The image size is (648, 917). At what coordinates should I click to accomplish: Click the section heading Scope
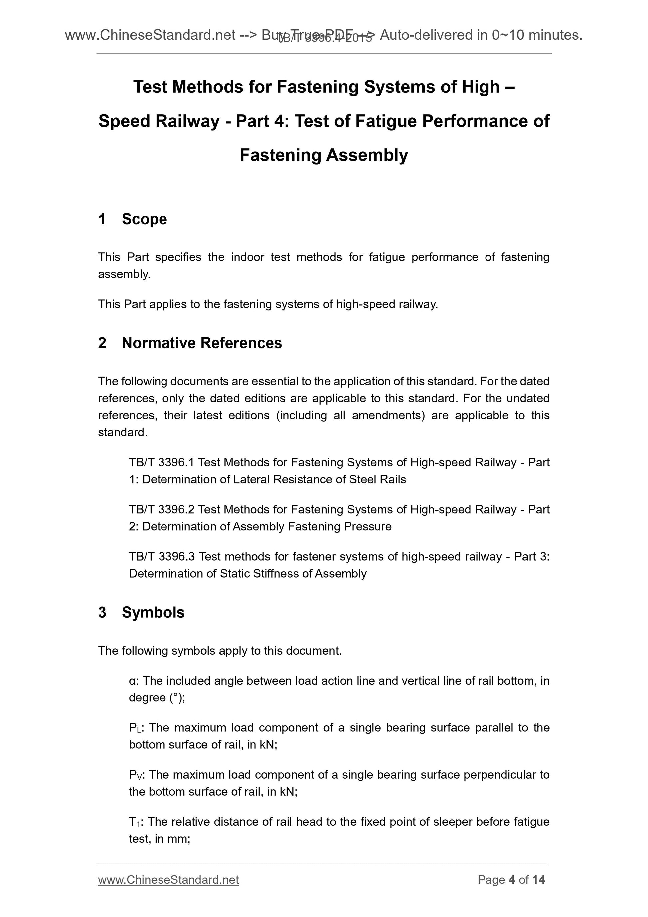tap(144, 219)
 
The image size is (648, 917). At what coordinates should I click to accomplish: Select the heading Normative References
tap(202, 343)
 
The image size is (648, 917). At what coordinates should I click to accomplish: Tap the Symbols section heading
tap(153, 612)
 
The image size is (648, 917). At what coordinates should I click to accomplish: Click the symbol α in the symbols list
tap(132, 681)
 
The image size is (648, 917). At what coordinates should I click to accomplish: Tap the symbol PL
tap(134, 728)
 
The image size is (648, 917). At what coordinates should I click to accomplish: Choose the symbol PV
tap(134, 775)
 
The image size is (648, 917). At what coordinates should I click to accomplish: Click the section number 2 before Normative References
tap(102, 343)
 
